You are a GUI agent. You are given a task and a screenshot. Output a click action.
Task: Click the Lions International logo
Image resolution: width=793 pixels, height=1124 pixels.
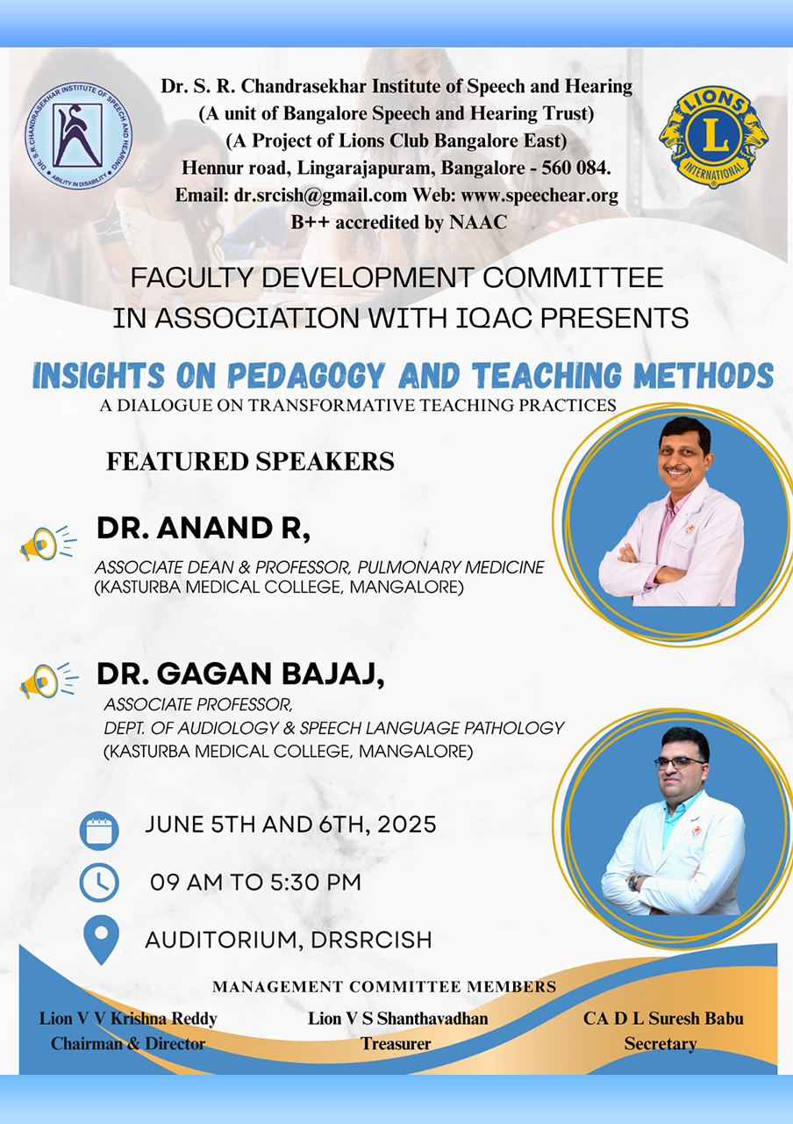(x=713, y=136)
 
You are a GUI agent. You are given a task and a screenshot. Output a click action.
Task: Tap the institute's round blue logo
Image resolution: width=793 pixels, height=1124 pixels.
(x=79, y=136)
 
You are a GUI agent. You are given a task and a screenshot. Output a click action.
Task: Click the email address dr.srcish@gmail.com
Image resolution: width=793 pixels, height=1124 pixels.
(x=320, y=195)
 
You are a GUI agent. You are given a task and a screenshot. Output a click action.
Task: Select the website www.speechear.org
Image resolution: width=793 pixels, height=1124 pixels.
(x=539, y=195)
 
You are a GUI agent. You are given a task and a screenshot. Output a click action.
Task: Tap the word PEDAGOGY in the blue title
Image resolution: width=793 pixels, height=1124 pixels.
(x=306, y=375)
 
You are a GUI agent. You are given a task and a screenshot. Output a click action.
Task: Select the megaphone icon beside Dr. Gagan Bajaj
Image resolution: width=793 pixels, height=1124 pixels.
(x=48, y=681)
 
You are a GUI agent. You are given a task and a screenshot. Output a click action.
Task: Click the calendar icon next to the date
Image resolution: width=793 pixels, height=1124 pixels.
(x=99, y=831)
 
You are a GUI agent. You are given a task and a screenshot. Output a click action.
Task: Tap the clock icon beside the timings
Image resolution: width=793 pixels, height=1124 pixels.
(x=99, y=883)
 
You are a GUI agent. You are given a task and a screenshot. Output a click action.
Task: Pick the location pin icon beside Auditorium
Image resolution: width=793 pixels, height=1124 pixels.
(x=101, y=940)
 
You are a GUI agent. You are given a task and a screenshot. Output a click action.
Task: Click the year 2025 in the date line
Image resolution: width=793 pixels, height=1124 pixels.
(x=406, y=825)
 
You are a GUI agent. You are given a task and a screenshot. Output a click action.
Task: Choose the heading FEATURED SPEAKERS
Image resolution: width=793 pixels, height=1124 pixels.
(x=250, y=462)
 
